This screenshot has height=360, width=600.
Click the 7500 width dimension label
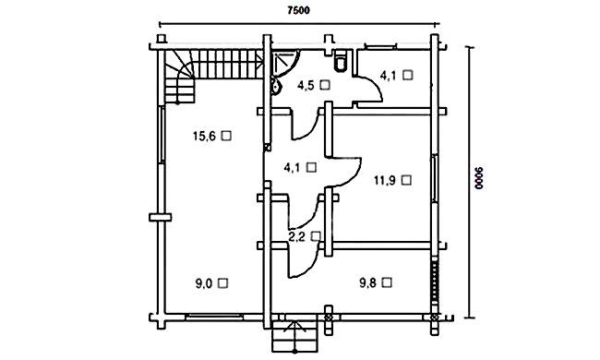tap(298, 10)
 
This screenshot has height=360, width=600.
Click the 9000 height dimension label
tap(479, 178)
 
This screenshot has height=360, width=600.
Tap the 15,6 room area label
tap(204, 136)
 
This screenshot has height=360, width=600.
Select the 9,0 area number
tap(204, 284)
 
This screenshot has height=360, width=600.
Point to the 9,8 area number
tap(367, 283)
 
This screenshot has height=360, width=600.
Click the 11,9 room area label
tap(385, 180)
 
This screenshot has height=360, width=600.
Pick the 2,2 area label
tap(296, 237)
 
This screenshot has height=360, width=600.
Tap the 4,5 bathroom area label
tap(306, 85)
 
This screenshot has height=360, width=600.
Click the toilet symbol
tap(341, 62)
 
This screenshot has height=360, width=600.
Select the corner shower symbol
tap(285, 63)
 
